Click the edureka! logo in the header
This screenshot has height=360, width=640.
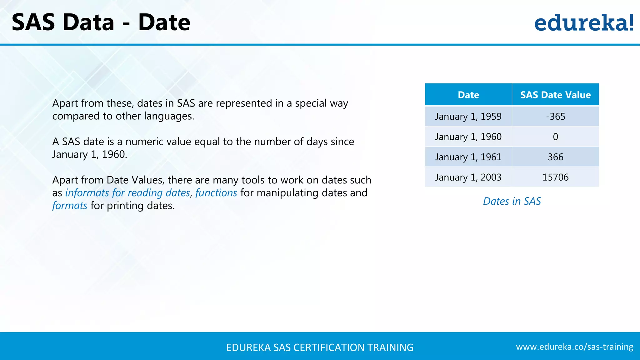[584, 23]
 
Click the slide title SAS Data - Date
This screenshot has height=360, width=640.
[101, 22]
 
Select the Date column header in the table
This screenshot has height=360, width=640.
[468, 95]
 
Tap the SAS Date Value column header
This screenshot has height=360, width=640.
[555, 95]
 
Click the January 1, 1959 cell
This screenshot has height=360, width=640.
[468, 116]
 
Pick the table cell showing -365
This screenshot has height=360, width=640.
[555, 116]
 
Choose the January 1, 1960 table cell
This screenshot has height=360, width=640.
[468, 137]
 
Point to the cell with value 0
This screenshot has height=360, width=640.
[555, 137]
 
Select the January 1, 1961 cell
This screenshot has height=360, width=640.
[468, 157]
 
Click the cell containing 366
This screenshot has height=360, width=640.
[555, 157]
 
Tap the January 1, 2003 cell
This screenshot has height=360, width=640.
[468, 177]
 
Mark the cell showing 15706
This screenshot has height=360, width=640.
[555, 177]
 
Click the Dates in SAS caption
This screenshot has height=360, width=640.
[512, 201]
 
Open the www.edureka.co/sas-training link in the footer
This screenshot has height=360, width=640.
[574, 347]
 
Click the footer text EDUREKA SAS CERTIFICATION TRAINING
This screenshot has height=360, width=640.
[320, 347]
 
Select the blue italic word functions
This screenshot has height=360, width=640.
[216, 193]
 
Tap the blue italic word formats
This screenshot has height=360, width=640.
[70, 206]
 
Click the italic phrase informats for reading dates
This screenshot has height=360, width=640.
[127, 193]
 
